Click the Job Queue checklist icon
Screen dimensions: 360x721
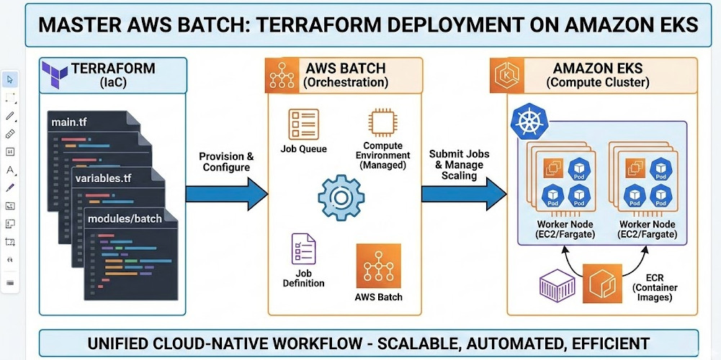[303, 124]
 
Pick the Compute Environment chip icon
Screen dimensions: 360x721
[382, 123]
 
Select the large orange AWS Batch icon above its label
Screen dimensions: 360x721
[378, 266]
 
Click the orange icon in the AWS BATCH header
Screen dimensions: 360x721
[283, 75]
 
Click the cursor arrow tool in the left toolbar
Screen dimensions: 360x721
[10, 79]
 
